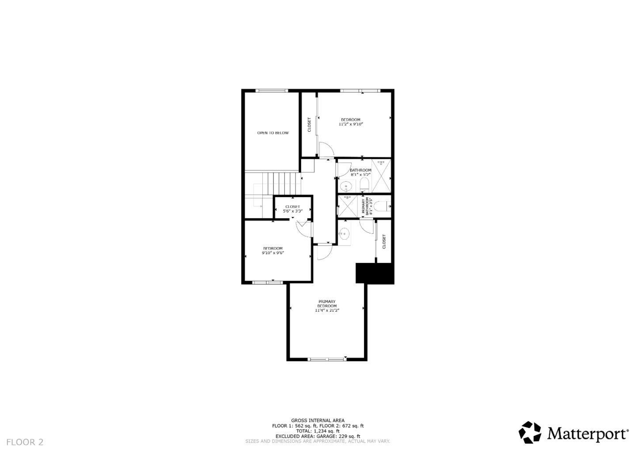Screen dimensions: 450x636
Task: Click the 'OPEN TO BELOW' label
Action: [273, 133]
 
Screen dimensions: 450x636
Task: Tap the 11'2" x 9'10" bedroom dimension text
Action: [351, 124]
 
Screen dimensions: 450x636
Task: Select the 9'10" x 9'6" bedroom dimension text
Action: [273, 253]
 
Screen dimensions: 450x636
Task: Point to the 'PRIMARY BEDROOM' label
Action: [327, 304]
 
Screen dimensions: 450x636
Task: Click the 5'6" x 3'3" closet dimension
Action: [292, 211]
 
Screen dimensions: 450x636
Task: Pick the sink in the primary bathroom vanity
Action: [344, 233]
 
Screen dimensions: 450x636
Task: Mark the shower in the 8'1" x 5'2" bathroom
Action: [381, 176]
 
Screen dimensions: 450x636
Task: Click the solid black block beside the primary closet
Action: [375, 273]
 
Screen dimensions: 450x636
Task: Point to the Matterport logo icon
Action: [530, 432]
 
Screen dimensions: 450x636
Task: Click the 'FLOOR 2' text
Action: [25, 442]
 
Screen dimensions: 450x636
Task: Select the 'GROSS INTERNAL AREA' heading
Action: [318, 420]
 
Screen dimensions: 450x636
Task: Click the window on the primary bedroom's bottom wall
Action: [327, 358]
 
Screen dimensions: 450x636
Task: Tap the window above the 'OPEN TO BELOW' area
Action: [272, 91]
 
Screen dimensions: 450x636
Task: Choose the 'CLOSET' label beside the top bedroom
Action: [309, 124]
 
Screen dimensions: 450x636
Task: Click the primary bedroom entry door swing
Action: [324, 252]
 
